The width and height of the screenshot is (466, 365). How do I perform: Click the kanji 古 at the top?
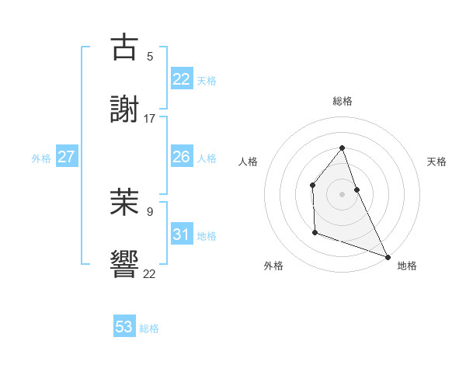[124, 47]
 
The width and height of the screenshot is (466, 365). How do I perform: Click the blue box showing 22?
[182, 78]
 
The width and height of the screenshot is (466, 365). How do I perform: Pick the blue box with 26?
[182, 157]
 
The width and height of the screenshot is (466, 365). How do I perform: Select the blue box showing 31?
[182, 235]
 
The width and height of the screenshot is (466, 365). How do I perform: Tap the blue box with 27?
[66, 157]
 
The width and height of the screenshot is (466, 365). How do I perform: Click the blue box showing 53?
[124, 327]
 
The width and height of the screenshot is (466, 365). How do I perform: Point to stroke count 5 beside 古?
[150, 56]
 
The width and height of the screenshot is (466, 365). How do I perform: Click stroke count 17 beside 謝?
[150, 118]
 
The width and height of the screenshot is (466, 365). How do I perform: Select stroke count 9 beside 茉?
[150, 210]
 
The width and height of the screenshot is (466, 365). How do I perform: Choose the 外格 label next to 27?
[41, 158]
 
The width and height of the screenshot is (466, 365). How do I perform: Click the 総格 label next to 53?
[149, 328]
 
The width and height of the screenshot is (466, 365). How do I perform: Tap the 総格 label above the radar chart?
[343, 101]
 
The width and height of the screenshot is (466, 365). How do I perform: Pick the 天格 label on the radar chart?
[437, 162]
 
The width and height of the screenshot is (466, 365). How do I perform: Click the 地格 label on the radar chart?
[407, 266]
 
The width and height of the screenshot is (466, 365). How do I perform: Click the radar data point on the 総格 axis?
[342, 148]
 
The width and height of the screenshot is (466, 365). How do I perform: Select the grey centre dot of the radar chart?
[342, 193]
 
